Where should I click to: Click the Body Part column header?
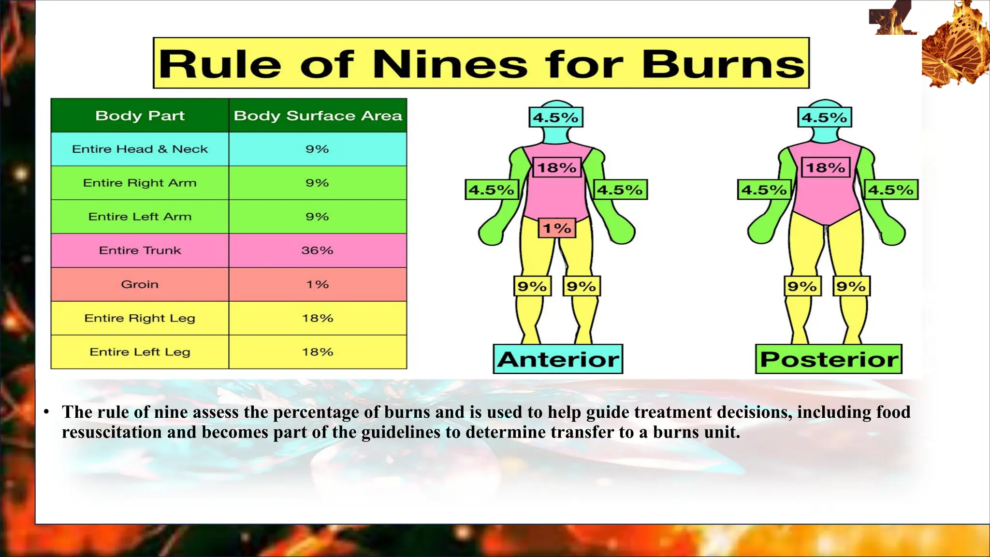[x=140, y=116]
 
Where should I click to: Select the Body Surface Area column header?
[x=318, y=116]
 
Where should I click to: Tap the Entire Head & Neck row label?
[x=140, y=149]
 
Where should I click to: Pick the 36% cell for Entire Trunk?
[x=317, y=250]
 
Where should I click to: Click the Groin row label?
[x=140, y=284]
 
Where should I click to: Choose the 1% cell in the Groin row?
[x=317, y=284]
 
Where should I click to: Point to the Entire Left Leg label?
[x=140, y=352]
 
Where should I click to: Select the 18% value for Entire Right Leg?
[x=317, y=318]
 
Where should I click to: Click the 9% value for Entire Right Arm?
[x=317, y=183]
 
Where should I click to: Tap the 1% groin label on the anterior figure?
[x=557, y=228]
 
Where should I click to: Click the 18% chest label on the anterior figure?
[x=557, y=168]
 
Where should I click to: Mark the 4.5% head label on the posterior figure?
[x=824, y=117]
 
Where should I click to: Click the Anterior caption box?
[x=558, y=359]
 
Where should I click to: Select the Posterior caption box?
[x=829, y=359]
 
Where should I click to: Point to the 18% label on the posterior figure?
[x=826, y=168]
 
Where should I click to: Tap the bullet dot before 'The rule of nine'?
[x=46, y=412]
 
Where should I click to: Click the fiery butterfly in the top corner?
[x=955, y=46]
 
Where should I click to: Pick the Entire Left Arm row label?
[x=140, y=217]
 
